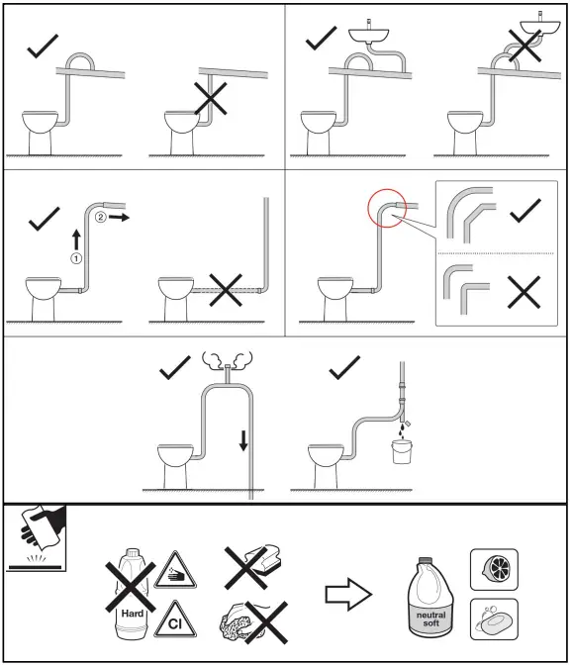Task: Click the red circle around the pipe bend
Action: (x=384, y=208)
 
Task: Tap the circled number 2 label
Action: (x=101, y=214)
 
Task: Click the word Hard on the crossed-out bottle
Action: (x=130, y=614)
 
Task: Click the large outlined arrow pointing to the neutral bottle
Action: (x=348, y=595)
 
